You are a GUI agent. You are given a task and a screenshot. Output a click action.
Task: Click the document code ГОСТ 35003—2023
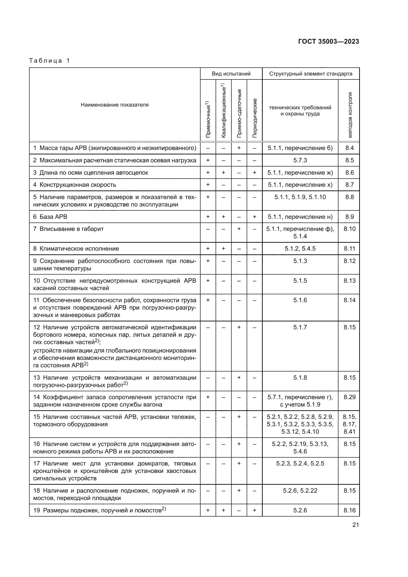328,42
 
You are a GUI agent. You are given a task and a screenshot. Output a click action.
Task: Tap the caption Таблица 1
49,61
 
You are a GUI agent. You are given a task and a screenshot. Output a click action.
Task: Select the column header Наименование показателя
114,105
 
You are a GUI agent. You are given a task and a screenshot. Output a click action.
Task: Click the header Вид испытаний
231,74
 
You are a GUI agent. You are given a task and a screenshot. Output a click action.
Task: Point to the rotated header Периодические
255,118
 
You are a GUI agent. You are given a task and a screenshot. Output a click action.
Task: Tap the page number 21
355,525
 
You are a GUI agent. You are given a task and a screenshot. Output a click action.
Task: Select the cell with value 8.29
350,397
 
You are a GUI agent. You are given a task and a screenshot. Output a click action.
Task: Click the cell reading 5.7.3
300,160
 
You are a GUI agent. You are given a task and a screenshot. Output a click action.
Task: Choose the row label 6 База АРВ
50,217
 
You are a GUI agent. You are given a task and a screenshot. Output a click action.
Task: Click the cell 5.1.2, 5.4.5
300,249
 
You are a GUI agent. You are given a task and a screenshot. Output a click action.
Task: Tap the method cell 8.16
350,510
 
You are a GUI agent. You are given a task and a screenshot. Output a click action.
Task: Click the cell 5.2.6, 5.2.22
300,491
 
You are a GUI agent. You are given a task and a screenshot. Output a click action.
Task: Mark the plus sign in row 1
239,148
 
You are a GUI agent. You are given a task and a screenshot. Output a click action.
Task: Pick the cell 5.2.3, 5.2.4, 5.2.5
300,463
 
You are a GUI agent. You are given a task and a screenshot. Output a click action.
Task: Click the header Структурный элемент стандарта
311,74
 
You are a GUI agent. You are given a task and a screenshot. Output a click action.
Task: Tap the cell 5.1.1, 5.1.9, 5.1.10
300,197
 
